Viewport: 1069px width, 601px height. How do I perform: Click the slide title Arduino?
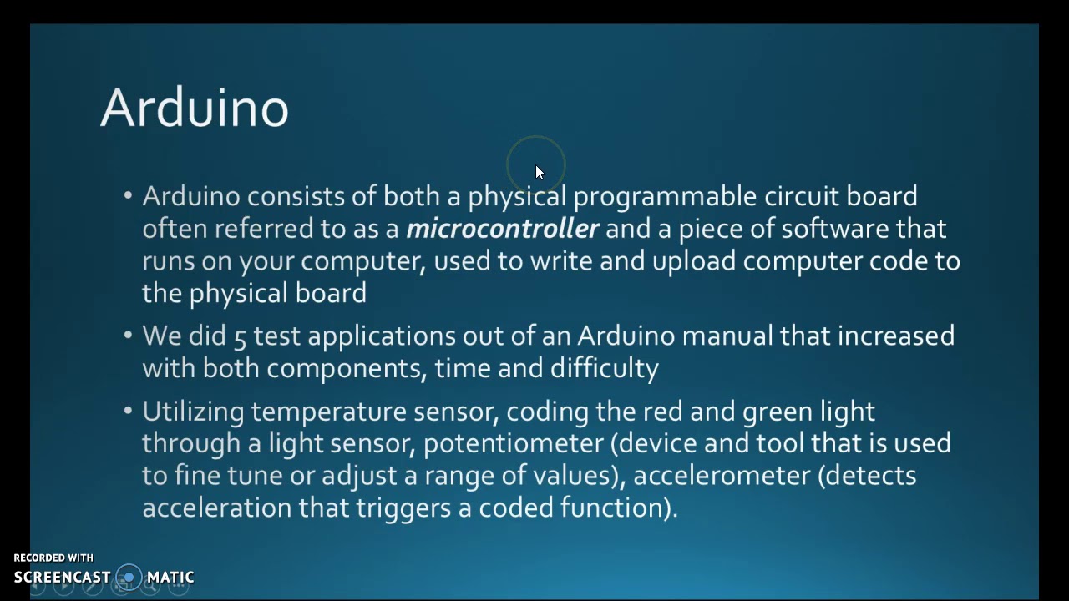pos(195,108)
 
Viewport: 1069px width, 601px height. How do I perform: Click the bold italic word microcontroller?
pos(503,229)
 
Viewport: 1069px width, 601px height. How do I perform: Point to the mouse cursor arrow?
pos(539,172)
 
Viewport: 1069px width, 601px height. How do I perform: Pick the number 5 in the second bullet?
pos(240,336)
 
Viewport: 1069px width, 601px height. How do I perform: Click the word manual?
pos(727,336)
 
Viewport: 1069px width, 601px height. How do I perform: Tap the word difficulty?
pos(605,368)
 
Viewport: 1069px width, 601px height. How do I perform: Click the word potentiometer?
pos(513,443)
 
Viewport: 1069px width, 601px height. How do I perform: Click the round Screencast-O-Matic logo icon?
pos(129,577)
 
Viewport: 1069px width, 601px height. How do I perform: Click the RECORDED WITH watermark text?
pos(53,558)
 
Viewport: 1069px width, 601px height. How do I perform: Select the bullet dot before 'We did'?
pos(128,336)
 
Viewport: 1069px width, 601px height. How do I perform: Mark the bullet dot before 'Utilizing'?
pos(128,411)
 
